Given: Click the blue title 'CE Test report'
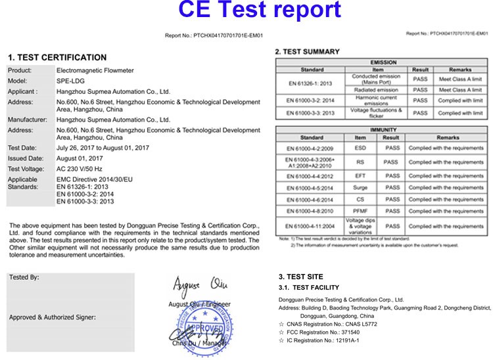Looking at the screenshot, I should (x=247, y=11).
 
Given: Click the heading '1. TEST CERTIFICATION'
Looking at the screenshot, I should (x=57, y=57).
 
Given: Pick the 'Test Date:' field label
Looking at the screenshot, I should (x=22, y=148).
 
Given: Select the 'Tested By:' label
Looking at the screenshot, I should (x=24, y=278).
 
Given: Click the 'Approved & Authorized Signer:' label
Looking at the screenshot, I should (x=53, y=317).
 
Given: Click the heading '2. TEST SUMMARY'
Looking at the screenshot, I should (x=307, y=51).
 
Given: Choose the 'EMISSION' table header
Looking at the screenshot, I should (x=384, y=62).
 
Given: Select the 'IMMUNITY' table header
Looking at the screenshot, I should (x=384, y=131).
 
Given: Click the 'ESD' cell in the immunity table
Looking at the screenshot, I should (x=360, y=148).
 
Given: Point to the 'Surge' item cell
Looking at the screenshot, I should (x=360, y=188).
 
